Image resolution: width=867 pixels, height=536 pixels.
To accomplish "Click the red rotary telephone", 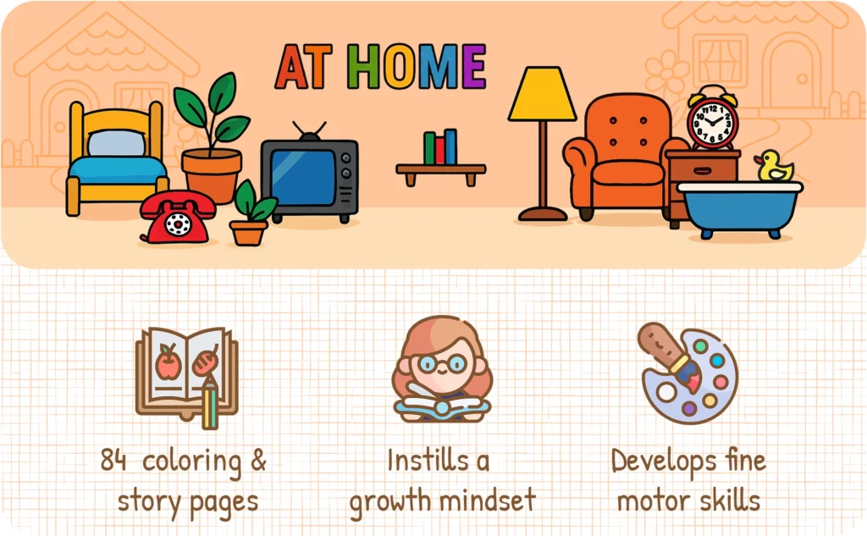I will tap(177, 218).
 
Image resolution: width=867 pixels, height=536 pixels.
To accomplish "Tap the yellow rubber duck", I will tap(774, 167).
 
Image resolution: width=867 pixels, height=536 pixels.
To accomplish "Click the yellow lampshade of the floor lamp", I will tap(542, 94).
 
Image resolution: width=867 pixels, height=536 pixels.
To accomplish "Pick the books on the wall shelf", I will tap(440, 147).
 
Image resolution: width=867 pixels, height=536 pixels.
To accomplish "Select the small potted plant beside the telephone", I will tap(251, 213).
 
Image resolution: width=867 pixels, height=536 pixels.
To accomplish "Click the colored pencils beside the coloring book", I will tap(209, 403).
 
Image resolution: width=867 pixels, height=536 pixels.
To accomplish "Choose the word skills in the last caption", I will tap(722, 500).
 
